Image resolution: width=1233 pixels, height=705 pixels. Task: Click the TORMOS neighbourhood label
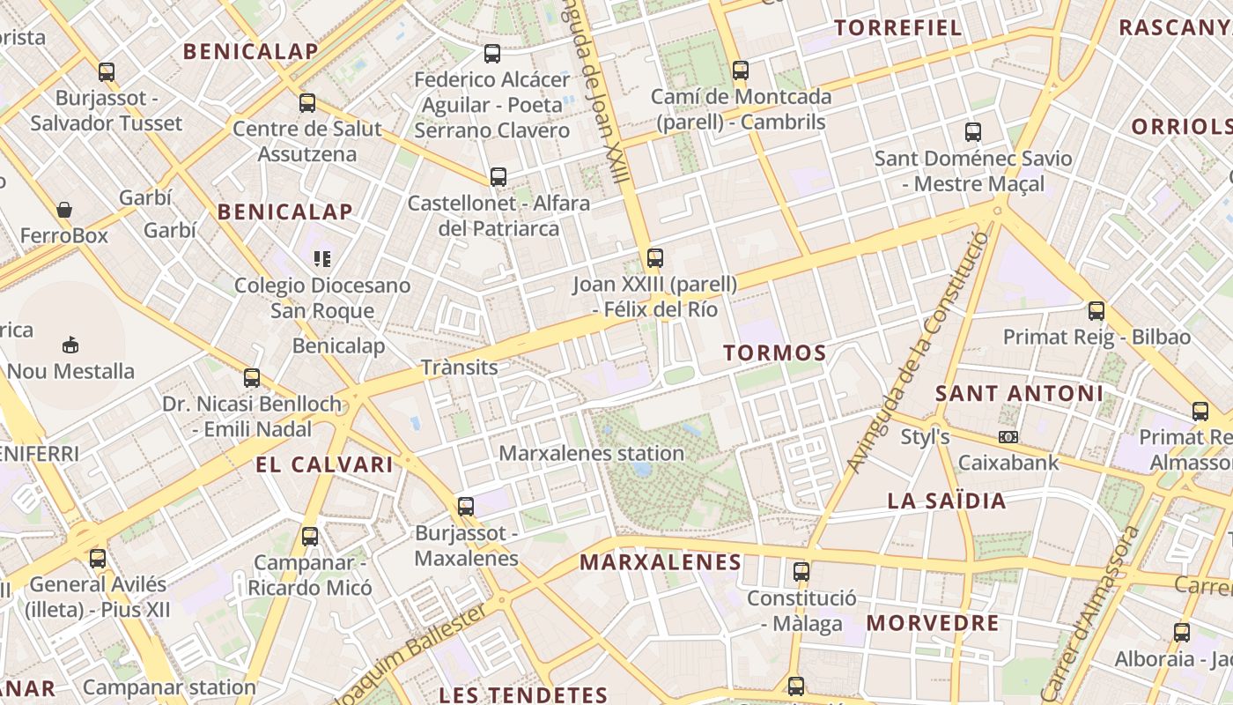(775, 353)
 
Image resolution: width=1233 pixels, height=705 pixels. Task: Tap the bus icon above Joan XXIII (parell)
(654, 258)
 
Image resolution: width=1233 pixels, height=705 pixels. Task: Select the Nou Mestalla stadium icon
(70, 344)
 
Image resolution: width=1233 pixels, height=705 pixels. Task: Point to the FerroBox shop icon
(63, 210)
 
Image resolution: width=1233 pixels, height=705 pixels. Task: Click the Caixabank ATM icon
(1008, 437)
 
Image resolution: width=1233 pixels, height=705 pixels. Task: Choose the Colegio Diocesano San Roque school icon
(321, 258)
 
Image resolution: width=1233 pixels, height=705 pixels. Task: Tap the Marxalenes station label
(591, 453)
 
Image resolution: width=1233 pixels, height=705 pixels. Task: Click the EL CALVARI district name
(324, 464)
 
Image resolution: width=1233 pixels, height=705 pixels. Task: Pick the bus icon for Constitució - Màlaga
(801, 571)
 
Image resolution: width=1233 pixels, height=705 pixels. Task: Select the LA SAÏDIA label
(946, 501)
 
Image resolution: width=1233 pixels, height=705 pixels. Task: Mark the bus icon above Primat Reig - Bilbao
(1096, 310)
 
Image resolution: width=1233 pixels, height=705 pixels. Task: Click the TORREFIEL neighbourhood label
(898, 27)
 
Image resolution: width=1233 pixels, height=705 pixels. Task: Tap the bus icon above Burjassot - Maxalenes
(466, 507)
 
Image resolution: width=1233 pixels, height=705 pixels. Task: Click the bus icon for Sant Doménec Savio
(972, 132)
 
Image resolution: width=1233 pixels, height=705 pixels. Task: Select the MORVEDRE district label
(933, 623)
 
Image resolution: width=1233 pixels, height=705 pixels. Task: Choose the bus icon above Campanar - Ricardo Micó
(309, 536)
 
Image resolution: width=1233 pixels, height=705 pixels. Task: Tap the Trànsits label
(459, 367)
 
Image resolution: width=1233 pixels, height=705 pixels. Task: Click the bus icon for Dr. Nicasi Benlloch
(252, 378)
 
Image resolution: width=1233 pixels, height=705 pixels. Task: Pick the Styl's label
(925, 436)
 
